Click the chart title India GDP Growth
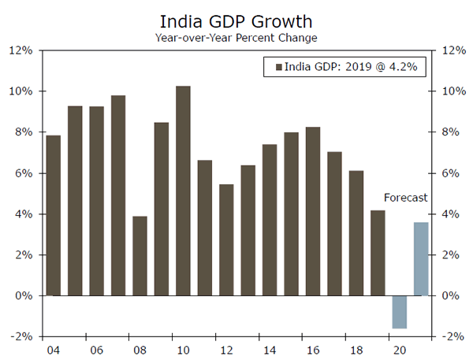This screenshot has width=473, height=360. (236, 20)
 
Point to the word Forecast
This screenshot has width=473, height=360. (405, 198)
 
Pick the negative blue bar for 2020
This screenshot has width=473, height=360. (399, 312)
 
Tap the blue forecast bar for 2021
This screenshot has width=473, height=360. (421, 259)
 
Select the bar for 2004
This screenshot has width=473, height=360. (54, 216)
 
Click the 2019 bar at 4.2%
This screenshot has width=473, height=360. (378, 253)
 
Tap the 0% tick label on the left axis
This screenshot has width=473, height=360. (24, 296)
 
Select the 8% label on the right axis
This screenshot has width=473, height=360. (450, 132)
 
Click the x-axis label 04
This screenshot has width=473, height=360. (54, 350)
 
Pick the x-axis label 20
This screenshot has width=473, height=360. (399, 350)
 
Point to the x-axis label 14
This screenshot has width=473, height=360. (270, 350)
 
